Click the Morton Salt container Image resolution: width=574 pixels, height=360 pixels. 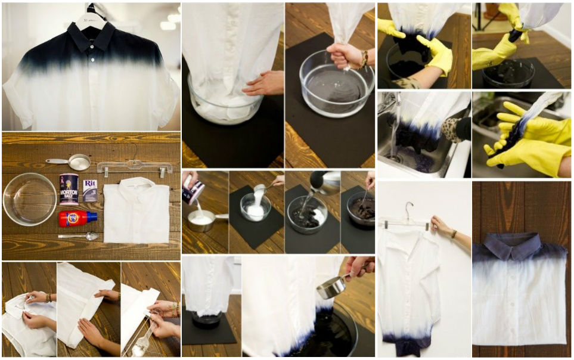point(69,190)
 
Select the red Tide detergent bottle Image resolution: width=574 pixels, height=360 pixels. point(77,219)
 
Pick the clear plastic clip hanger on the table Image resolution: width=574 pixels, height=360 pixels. point(134,167)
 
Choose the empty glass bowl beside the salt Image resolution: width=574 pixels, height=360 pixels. point(30,198)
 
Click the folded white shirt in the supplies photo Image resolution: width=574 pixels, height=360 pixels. point(136,212)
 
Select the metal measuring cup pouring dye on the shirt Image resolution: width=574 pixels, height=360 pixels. point(332,287)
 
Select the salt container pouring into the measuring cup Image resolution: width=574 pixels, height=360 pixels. point(194,190)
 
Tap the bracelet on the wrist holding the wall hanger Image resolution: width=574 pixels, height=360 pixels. point(454,234)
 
